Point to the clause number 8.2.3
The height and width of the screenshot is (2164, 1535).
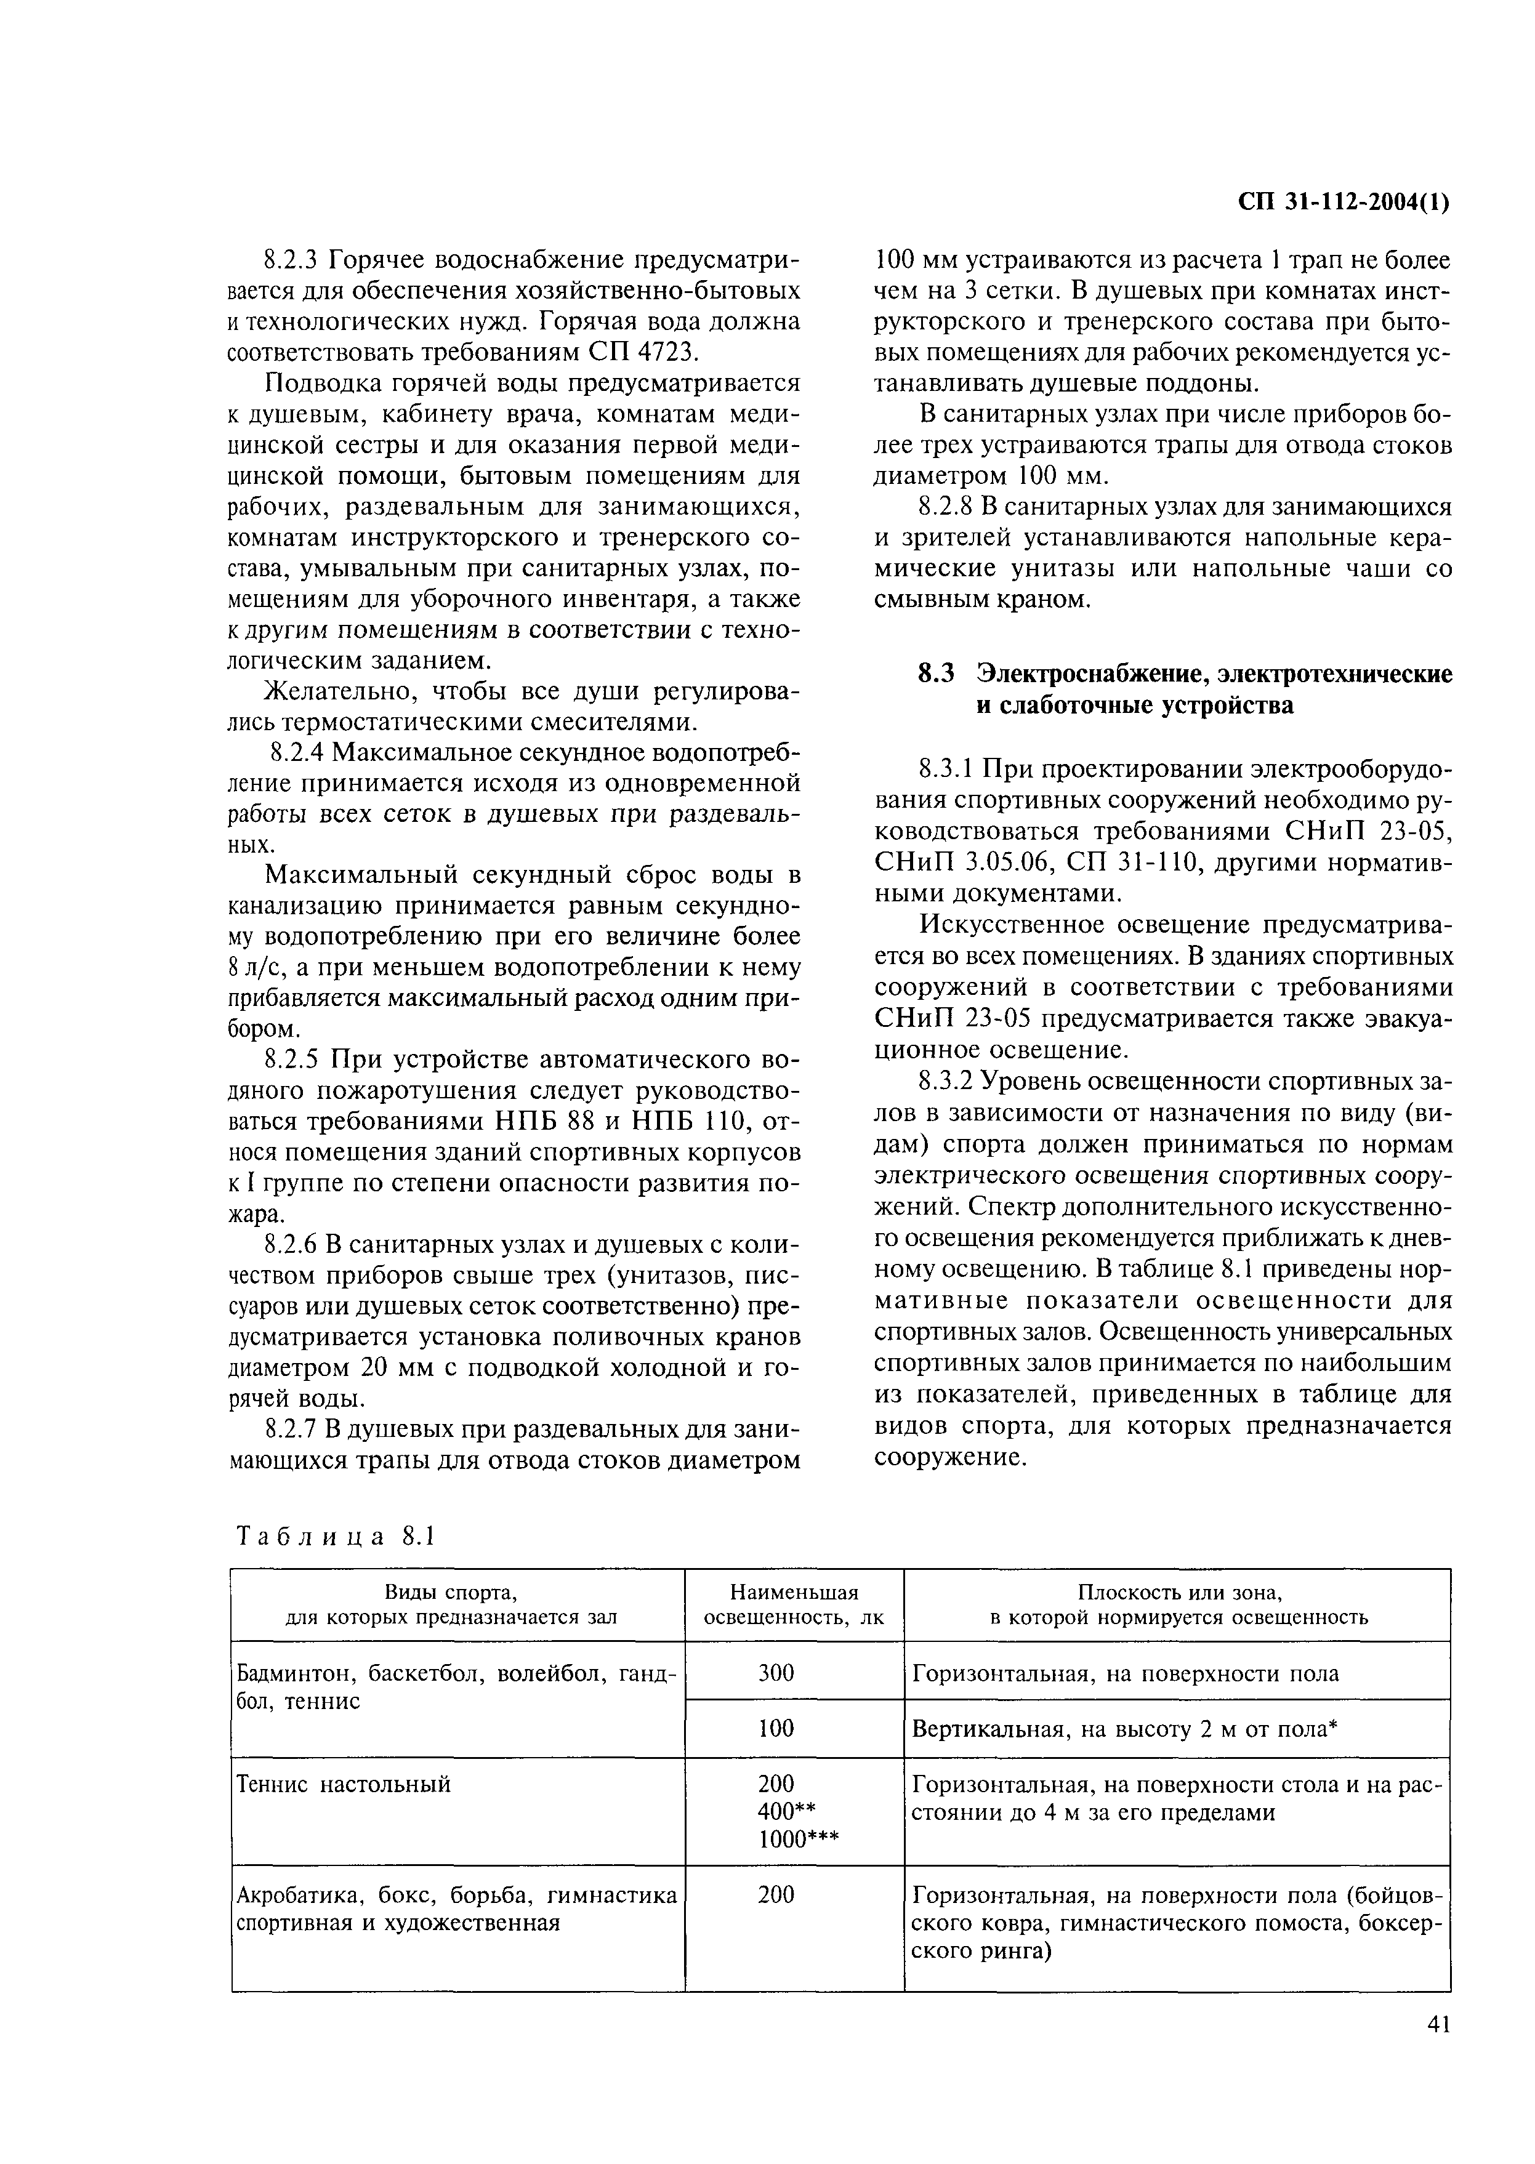(294, 260)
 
